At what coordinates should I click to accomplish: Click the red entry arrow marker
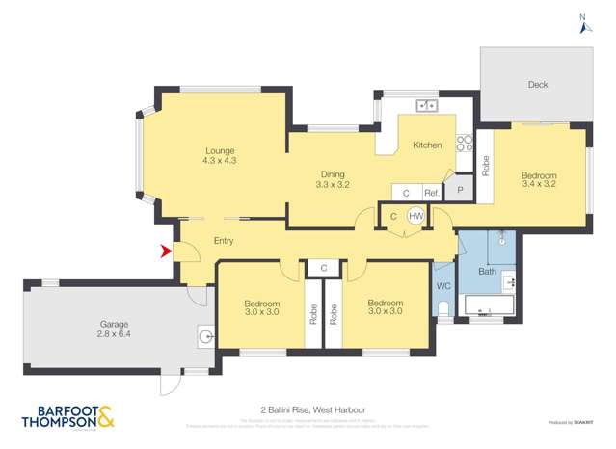click(x=166, y=251)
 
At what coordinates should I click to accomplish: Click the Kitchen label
click(x=427, y=145)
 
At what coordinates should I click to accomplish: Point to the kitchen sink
click(x=425, y=105)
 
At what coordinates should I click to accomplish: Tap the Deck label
click(x=537, y=85)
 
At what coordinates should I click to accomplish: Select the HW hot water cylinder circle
click(x=416, y=216)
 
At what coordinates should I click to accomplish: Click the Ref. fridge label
click(x=431, y=194)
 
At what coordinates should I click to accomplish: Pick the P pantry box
click(x=460, y=191)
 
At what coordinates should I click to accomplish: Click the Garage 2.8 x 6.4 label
click(x=114, y=330)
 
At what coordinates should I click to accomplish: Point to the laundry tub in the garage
click(x=205, y=335)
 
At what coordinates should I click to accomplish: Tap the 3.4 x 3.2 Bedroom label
click(x=539, y=180)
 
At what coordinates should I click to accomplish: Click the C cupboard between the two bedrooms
click(x=324, y=268)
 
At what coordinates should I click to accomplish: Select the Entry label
click(x=223, y=240)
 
